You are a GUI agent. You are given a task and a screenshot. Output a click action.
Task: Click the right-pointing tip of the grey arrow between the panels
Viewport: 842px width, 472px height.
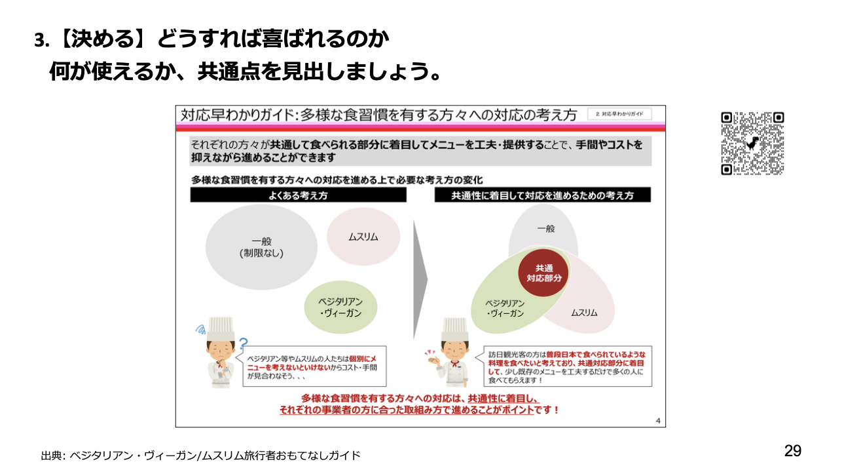(428, 280)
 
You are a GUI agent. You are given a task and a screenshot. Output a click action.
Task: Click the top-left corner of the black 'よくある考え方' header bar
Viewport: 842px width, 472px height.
(190, 187)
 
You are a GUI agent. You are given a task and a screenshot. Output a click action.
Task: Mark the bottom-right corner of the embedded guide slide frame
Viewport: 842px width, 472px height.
(666, 427)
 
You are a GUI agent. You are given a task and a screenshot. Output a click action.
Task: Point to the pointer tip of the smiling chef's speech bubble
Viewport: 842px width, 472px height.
(475, 357)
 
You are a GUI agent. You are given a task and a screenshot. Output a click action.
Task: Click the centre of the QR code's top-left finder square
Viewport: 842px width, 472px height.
(727, 118)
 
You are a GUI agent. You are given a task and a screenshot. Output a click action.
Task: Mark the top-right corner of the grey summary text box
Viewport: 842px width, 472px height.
(651, 136)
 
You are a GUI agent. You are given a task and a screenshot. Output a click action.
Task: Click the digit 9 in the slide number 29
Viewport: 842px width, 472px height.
(797, 450)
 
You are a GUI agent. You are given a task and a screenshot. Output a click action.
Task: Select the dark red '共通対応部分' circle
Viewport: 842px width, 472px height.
(543, 273)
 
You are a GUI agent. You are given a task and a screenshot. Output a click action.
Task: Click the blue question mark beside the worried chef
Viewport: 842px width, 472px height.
(244, 344)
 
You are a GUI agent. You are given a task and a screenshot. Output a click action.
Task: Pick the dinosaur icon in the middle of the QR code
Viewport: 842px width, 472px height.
(752, 143)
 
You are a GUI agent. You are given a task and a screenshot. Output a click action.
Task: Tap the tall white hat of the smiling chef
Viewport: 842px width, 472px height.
(455, 329)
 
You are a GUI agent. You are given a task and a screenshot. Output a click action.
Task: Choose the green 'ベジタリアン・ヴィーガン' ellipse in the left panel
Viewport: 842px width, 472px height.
(340, 307)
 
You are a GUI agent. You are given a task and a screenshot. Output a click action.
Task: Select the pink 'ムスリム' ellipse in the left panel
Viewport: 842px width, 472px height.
(363, 237)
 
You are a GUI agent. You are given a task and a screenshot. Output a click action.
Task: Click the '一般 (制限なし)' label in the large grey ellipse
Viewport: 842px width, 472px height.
(262, 247)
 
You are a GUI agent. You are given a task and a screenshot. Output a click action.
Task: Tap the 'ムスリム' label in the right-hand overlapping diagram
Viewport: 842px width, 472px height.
(584, 313)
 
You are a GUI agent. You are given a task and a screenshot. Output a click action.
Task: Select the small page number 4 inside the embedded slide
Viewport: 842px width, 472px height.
(658, 421)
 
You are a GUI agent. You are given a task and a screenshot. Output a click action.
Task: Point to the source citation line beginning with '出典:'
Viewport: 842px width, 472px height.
(201, 456)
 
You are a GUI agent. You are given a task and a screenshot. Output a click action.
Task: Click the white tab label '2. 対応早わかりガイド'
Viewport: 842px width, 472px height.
(619, 113)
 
